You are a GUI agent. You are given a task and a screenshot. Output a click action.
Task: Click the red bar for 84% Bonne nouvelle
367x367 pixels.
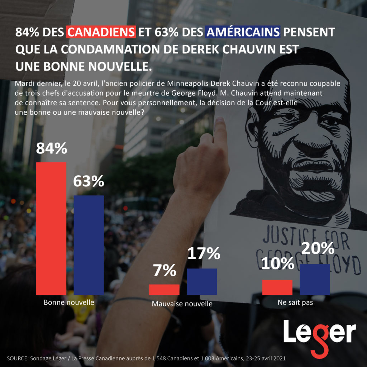pyautogui.click(x=52, y=228)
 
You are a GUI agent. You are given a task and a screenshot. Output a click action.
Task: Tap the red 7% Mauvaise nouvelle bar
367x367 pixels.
pyautogui.click(x=164, y=290)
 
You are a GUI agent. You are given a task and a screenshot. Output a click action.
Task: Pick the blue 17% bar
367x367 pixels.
pyautogui.click(x=202, y=282)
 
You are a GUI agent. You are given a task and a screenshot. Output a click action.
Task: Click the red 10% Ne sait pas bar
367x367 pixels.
pyautogui.click(x=277, y=287)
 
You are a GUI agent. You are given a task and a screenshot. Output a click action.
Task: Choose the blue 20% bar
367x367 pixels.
pyautogui.click(x=315, y=280)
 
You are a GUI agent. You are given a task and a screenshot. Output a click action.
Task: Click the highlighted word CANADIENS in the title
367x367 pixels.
pyautogui.click(x=101, y=32)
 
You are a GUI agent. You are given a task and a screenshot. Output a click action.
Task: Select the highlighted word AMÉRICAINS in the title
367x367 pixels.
pyautogui.click(x=243, y=32)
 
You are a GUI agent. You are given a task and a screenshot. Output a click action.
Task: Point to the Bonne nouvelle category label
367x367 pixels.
pyautogui.click(x=69, y=302)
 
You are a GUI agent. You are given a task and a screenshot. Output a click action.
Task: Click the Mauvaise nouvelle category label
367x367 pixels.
pyautogui.click(x=182, y=304)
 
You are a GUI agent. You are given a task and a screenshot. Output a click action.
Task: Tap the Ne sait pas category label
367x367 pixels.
pyautogui.click(x=295, y=302)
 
